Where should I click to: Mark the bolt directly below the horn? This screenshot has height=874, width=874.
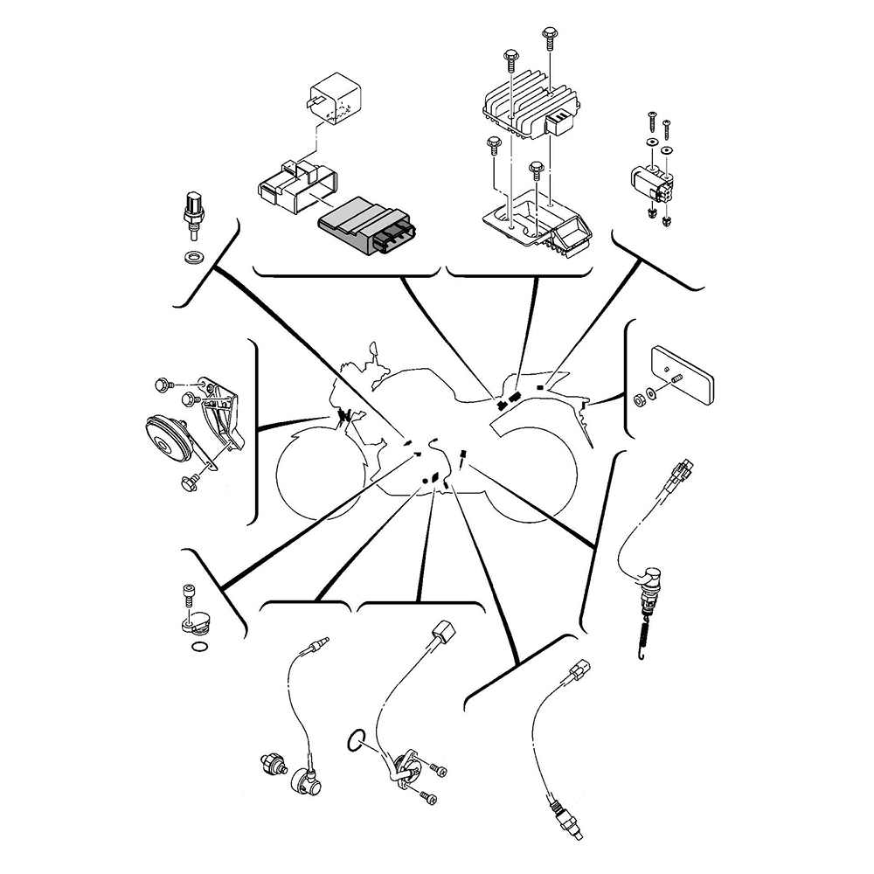click(189, 482)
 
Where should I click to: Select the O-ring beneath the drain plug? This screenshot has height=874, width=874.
click(200, 648)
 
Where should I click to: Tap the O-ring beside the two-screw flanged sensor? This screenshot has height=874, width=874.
click(354, 740)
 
